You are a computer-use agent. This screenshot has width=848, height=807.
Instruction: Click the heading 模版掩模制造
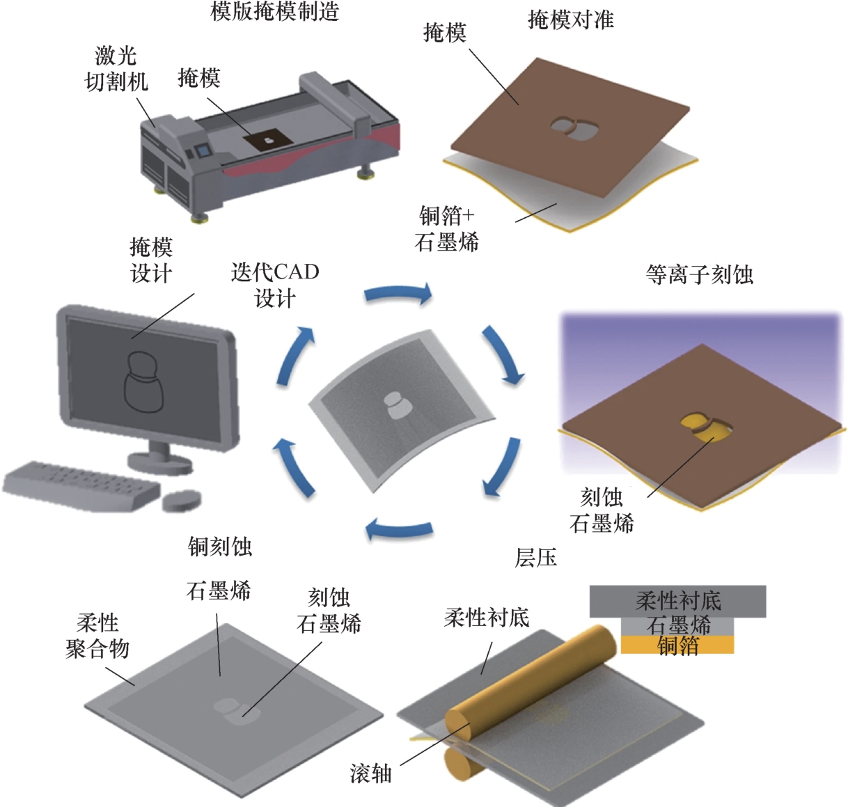[x=274, y=12]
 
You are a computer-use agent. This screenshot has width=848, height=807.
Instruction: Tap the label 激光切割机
[x=116, y=69]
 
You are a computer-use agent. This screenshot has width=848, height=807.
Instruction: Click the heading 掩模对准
[x=570, y=19]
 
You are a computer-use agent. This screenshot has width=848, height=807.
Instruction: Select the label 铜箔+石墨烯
[x=446, y=228]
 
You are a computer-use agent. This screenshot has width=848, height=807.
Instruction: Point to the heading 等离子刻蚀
[x=699, y=274]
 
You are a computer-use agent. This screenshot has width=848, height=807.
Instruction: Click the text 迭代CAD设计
[x=275, y=285]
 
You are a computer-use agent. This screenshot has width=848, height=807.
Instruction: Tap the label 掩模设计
[x=151, y=260]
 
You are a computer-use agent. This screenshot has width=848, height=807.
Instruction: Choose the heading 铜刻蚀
[x=219, y=547]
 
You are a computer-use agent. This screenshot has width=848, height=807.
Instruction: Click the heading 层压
[x=535, y=558]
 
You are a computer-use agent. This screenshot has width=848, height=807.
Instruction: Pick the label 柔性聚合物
[x=97, y=636]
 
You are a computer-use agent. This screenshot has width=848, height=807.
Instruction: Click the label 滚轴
[x=370, y=773]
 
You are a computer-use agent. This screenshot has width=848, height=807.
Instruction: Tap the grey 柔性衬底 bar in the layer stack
[x=677, y=600]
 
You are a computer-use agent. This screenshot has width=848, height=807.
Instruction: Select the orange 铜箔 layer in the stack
[x=677, y=645]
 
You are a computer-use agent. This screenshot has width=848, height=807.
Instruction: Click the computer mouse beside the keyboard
[x=181, y=499]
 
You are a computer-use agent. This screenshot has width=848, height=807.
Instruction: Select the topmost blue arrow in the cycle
[x=398, y=295]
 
